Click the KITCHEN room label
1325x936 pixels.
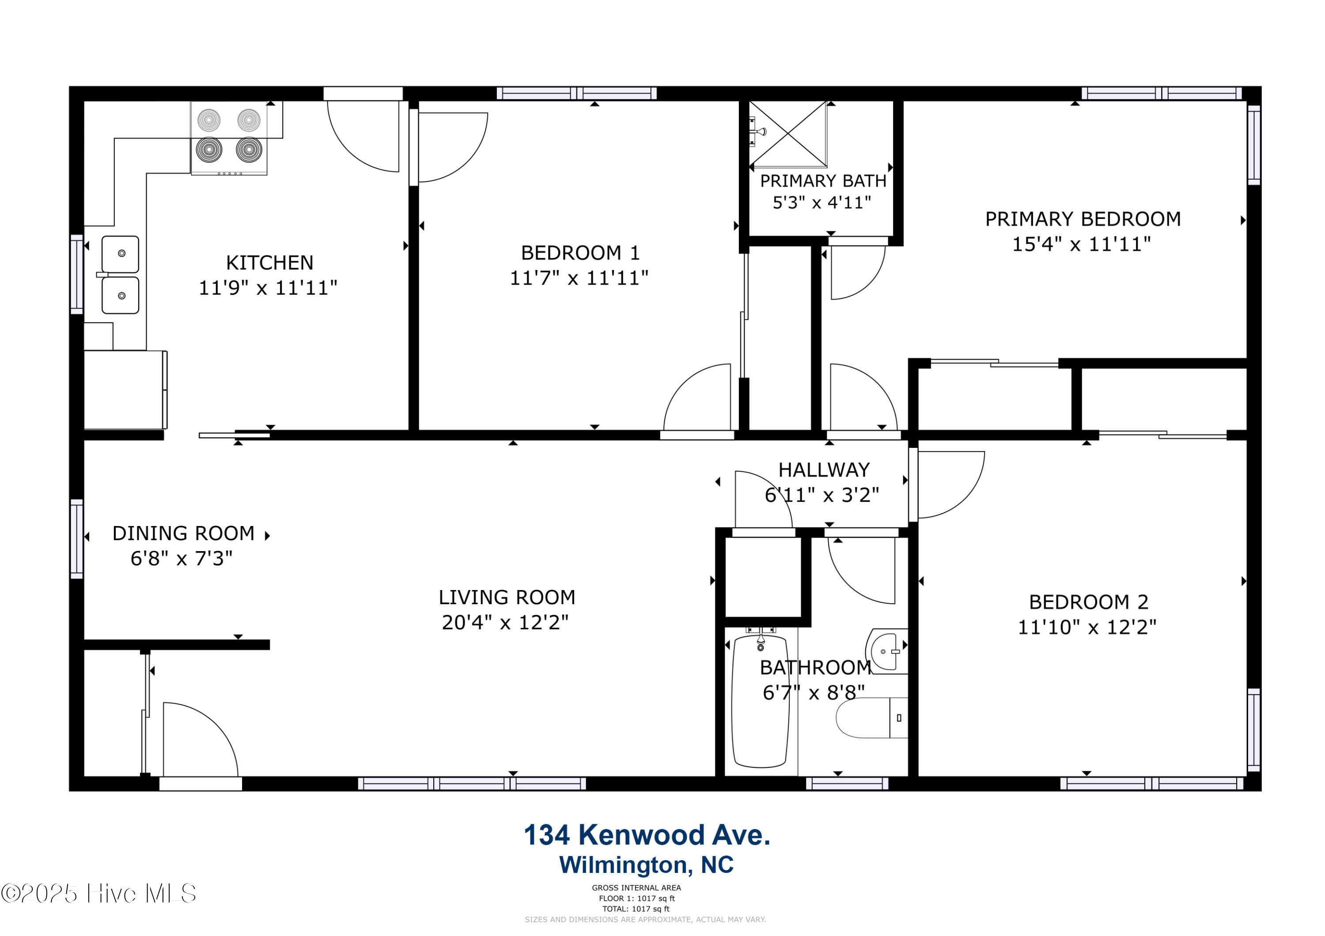point(269,263)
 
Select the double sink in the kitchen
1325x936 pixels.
point(120,274)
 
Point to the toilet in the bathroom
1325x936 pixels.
point(871,718)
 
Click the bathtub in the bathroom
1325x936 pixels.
point(760,701)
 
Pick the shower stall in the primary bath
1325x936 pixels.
point(788,134)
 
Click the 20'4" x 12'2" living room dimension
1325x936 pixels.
point(505,623)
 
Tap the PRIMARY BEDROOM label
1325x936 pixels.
point(1083,219)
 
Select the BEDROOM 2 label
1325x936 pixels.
point(1088,602)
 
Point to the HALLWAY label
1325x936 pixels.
point(824,470)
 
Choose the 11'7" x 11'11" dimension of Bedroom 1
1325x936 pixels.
point(579,278)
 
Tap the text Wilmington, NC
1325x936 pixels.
point(646,865)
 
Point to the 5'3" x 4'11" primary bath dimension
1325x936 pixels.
point(822,203)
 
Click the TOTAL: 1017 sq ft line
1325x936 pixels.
point(636,909)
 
